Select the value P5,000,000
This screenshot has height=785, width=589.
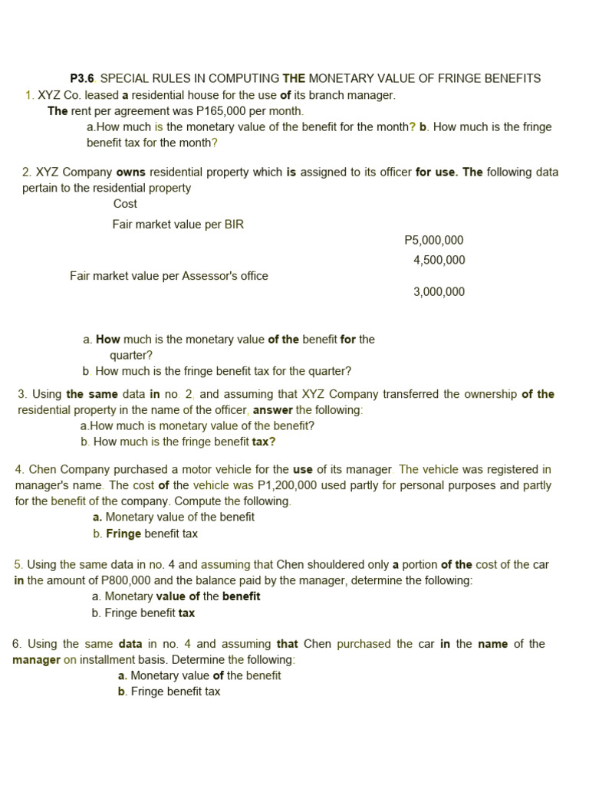[x=433, y=240]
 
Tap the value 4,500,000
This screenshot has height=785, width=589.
[x=439, y=260]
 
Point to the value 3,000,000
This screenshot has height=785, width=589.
[x=439, y=291]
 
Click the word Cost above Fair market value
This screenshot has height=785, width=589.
[x=125, y=203]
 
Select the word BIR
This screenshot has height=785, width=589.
[x=232, y=224]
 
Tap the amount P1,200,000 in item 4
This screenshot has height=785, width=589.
[x=288, y=485]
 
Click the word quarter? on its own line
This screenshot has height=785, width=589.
[x=131, y=355]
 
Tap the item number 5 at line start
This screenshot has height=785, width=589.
[x=18, y=564]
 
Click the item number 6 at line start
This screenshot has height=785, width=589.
[x=16, y=643]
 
